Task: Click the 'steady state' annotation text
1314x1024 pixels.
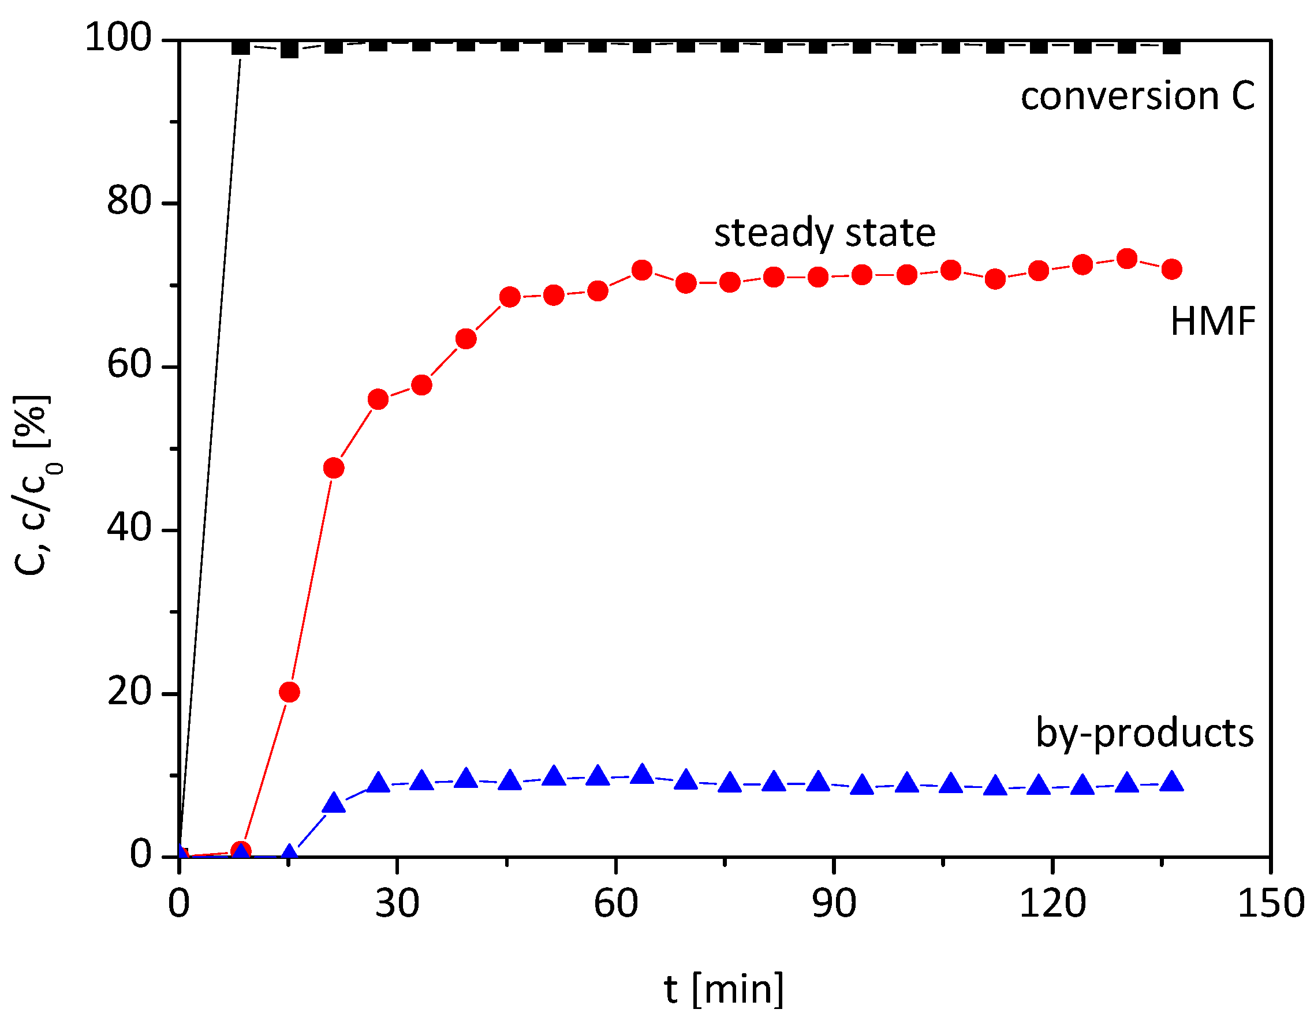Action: pyautogui.click(x=824, y=233)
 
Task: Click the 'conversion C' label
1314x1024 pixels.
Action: pyautogui.click(x=1138, y=96)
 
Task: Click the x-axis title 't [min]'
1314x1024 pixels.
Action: pyautogui.click(x=724, y=989)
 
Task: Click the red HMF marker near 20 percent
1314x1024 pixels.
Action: pyautogui.click(x=289, y=692)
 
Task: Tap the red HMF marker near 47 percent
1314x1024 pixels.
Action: pyautogui.click(x=333, y=468)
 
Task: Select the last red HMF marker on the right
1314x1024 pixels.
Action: pyautogui.click(x=1171, y=269)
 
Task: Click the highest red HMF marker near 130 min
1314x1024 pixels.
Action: pyautogui.click(x=1126, y=259)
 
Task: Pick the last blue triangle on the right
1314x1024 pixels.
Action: pyautogui.click(x=1171, y=782)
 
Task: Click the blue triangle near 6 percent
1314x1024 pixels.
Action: pyautogui.click(x=333, y=803)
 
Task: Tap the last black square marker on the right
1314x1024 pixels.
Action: pyautogui.click(x=1171, y=46)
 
